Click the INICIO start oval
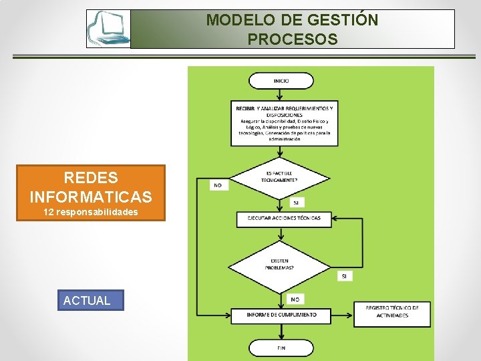coord(281,81)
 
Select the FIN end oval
coord(281,348)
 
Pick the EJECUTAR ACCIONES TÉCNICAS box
coord(284,219)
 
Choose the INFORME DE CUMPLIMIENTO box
coord(281,315)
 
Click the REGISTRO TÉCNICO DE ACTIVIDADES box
coord(392,312)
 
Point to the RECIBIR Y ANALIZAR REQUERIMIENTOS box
coord(284,122)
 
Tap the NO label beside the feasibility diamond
coord(218,185)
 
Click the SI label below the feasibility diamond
coord(296,202)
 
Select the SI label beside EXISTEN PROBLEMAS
coord(344,275)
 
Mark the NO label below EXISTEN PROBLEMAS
coord(295,299)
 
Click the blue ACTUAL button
coord(87,300)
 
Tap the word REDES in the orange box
coord(91,178)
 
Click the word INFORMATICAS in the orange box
coord(91,197)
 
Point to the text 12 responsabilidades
coord(91,212)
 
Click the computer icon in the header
coord(108,29)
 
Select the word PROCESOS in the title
coord(293,39)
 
